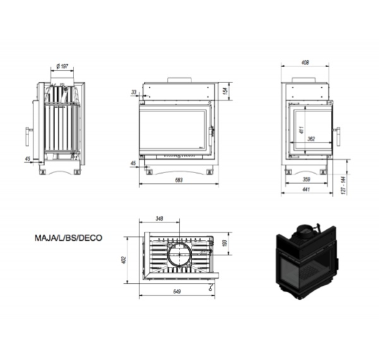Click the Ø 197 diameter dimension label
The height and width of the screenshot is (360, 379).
[62, 66]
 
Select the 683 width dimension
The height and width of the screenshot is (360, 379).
[179, 180]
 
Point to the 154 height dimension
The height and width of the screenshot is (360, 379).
[225, 91]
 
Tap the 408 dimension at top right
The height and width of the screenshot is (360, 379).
[305, 63]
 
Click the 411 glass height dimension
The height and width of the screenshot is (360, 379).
[301, 130]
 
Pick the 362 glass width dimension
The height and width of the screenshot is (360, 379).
[311, 139]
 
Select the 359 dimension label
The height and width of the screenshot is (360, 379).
[306, 179]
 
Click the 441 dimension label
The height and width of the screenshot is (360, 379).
[306, 190]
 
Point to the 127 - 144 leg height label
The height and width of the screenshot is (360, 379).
[344, 186]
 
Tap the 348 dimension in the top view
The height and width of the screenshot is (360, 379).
[159, 219]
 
